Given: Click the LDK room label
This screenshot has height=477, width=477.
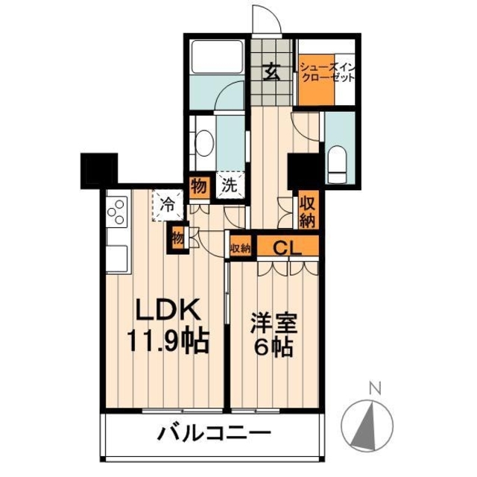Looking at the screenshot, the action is click(x=168, y=309).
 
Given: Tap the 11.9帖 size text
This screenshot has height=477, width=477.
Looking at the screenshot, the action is click(x=168, y=341).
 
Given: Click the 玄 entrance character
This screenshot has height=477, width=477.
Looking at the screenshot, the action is click(x=271, y=72).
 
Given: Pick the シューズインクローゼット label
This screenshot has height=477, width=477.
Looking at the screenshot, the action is click(x=327, y=72).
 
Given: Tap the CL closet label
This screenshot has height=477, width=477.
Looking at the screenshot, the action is click(x=287, y=249).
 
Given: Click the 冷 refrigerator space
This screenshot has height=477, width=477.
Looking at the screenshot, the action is click(x=168, y=205).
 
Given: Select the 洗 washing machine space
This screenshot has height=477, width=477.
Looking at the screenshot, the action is click(x=230, y=185).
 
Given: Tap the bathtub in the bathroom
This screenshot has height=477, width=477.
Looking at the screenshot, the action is click(x=217, y=57).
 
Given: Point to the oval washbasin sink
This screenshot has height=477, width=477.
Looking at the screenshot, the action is click(x=204, y=144).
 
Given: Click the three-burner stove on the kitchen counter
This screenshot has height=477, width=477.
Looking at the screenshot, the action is click(x=117, y=211).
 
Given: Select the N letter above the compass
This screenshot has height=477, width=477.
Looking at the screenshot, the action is click(x=375, y=388).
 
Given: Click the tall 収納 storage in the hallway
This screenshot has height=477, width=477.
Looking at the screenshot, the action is click(x=308, y=209).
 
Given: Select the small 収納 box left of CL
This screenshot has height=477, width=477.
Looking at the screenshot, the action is click(x=240, y=248).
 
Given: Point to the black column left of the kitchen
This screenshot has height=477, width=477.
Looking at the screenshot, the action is click(x=99, y=171).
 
